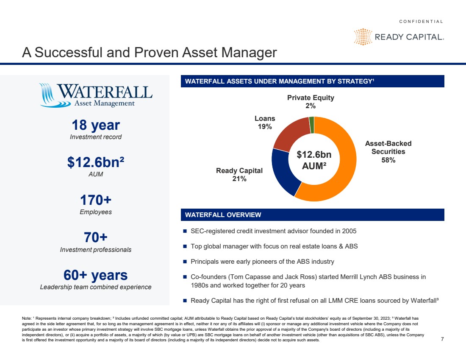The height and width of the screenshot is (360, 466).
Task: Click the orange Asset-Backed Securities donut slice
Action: [x=342, y=179]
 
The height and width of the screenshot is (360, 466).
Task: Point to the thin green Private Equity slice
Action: [x=312, y=125]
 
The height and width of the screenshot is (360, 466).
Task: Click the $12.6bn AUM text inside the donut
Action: [x=314, y=160]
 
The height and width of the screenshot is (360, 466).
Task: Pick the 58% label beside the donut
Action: [x=388, y=160]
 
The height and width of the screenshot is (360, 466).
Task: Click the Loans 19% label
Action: [x=265, y=123]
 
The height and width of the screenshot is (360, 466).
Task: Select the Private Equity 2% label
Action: [x=311, y=102]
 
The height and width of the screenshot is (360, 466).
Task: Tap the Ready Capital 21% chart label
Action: [x=239, y=175]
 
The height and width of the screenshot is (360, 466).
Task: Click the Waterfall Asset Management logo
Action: [x=96, y=95]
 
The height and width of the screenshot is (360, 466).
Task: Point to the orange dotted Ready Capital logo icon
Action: [x=363, y=37]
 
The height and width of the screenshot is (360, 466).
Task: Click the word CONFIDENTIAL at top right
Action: [x=421, y=22]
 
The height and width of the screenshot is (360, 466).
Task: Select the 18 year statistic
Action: [x=96, y=125]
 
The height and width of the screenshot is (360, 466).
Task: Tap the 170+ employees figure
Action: [x=96, y=200]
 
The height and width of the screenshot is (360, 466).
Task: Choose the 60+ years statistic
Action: [x=96, y=275]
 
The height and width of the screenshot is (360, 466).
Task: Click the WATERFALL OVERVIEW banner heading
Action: [x=223, y=215]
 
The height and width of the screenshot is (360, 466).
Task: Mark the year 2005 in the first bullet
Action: [x=349, y=231]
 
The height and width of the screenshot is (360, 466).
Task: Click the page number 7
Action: [x=442, y=339]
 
